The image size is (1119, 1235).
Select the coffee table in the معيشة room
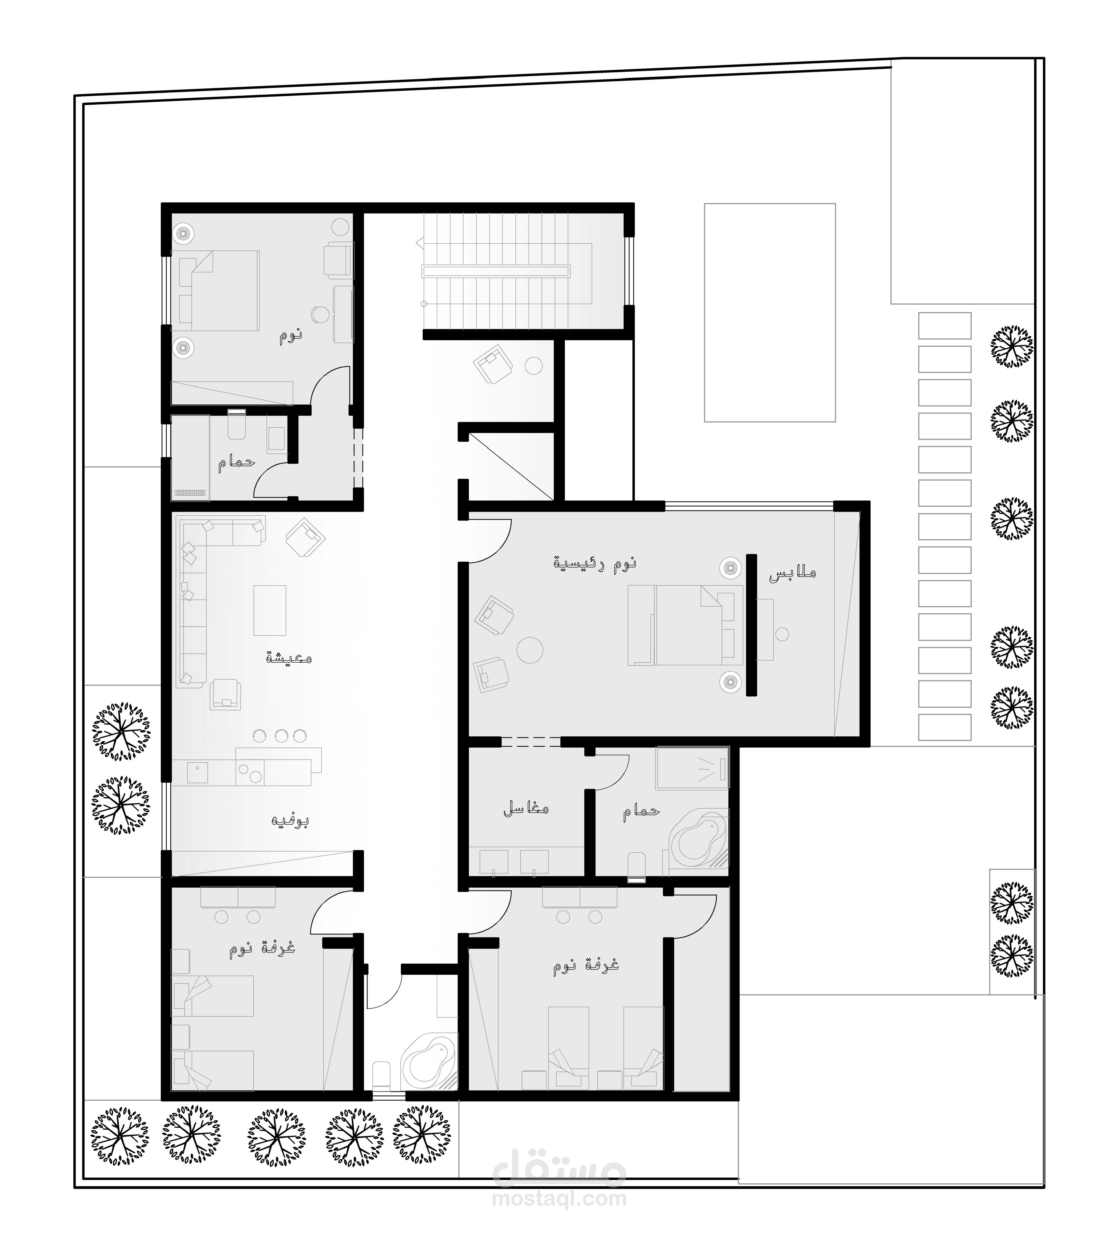pos(270,611)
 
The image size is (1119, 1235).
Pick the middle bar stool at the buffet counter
pos(281,735)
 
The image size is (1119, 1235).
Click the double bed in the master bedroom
pos(686,625)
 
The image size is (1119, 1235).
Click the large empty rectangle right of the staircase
pos(770,312)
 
